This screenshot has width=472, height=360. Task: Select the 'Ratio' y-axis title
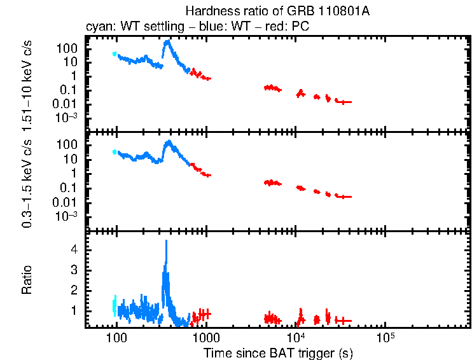pyautogui.click(x=27, y=280)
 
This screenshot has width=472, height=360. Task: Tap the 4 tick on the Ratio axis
pyautogui.click(x=73, y=250)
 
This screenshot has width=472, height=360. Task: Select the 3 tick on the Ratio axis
pyautogui.click(x=73, y=270)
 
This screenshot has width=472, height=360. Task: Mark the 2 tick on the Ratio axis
pyautogui.click(x=73, y=291)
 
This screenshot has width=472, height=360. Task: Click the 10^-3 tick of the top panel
pyautogui.click(x=67, y=118)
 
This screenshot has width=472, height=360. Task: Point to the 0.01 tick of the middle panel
pyautogui.click(x=67, y=202)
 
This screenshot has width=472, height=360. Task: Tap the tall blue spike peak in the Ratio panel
pyautogui.click(x=166, y=242)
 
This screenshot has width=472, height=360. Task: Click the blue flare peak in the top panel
pyautogui.click(x=167, y=42)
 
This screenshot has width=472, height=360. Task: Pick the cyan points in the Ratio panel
pyautogui.click(x=115, y=306)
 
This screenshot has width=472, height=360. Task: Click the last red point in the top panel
pyautogui.click(x=344, y=102)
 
